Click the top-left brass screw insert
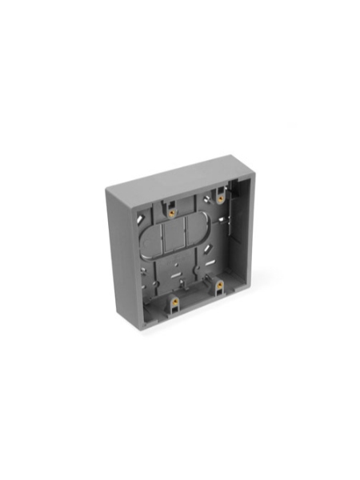point(171,213)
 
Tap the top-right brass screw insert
point(219,198)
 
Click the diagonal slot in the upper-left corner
point(141,218)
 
